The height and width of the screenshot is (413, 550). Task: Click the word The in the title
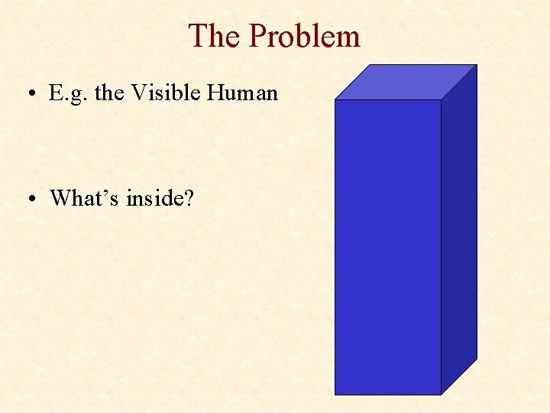[x=215, y=36]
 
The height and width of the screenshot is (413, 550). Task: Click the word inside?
[x=160, y=198]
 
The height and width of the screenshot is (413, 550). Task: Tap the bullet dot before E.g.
[x=27, y=95]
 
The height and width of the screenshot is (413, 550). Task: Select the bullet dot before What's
[x=27, y=200]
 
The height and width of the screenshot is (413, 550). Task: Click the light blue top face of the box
[x=406, y=82]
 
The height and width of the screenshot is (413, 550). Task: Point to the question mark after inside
[x=189, y=198]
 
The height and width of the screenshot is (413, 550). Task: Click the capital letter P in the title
[x=258, y=36]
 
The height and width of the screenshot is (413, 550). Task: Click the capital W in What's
[x=60, y=198]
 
